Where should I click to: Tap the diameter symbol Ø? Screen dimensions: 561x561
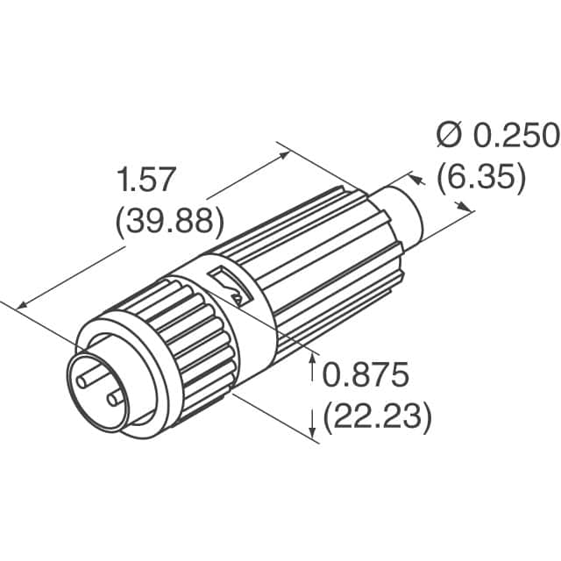coord(449,136)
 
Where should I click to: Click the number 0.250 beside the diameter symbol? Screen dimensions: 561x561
coord(516,136)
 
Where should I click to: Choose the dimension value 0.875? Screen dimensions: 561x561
coord(366,376)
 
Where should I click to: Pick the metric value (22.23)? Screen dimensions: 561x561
coord(378,416)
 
